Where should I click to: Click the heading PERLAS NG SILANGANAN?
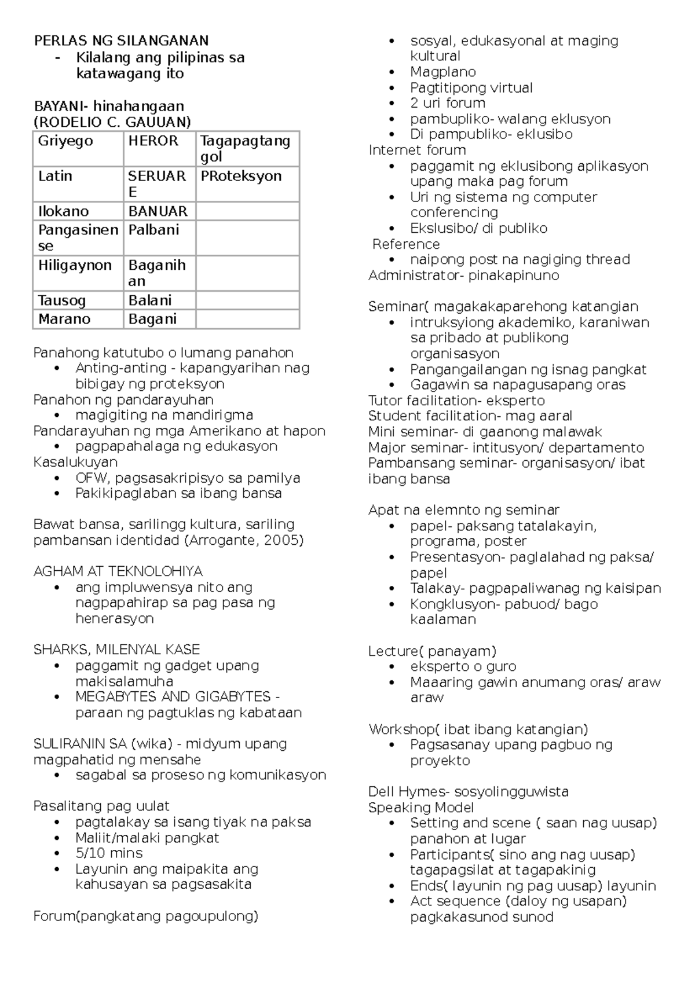pyautogui.click(x=121, y=41)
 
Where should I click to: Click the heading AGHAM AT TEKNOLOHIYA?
pyautogui.click(x=118, y=571)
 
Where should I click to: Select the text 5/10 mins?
pyautogui.click(x=109, y=853)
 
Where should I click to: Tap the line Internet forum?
pyautogui.click(x=417, y=151)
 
